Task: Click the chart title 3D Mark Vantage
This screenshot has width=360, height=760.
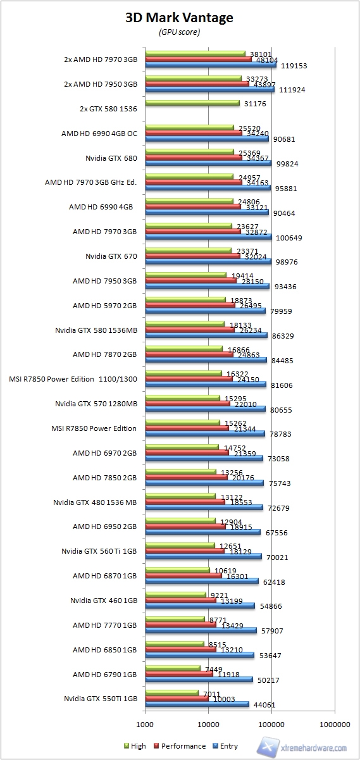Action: (179, 18)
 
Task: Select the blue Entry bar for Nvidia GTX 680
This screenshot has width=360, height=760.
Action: (208, 163)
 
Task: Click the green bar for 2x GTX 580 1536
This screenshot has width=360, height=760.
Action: (192, 103)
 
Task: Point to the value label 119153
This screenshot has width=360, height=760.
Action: (294, 65)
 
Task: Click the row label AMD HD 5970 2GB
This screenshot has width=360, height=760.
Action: (104, 306)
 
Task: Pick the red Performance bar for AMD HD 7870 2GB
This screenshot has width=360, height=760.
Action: (187, 354)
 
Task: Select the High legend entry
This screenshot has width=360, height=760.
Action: (135, 746)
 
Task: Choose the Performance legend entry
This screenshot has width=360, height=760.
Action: (182, 746)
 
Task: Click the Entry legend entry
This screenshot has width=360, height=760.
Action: (225, 746)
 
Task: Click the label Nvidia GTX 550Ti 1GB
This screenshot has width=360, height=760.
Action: (100, 699)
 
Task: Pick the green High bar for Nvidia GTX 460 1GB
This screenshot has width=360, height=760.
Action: (175, 594)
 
